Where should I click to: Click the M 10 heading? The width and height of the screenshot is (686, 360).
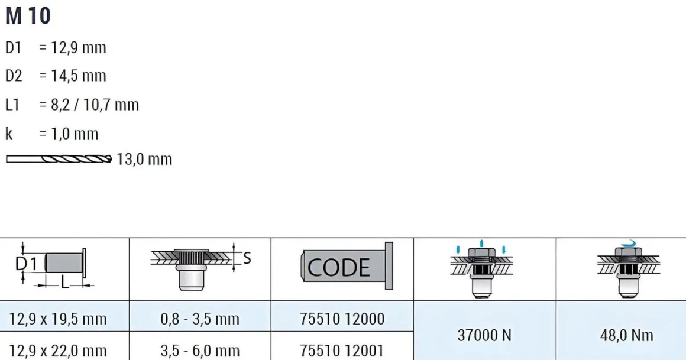[x=28, y=16]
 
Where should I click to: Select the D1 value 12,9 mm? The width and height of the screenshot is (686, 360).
[x=78, y=47]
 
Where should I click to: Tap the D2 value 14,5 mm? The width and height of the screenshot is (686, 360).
[x=78, y=76]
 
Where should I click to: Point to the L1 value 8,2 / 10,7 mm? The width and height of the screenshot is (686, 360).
[x=95, y=105]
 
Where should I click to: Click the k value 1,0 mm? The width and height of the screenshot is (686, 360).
[x=75, y=134]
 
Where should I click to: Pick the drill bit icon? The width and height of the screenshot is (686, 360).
[x=59, y=159]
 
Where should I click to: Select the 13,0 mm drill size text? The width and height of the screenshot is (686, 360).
[x=144, y=159]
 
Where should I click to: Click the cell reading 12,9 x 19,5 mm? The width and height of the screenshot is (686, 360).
[x=58, y=319]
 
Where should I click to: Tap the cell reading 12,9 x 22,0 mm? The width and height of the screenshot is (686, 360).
[x=58, y=351]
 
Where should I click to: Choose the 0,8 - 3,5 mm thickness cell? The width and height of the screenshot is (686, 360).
[x=200, y=319]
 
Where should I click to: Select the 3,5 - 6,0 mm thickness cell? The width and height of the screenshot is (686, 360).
[x=200, y=351]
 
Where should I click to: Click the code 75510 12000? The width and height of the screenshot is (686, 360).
[x=342, y=319]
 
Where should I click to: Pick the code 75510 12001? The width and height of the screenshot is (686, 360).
[x=342, y=351]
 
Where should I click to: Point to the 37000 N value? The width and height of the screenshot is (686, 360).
[x=484, y=336]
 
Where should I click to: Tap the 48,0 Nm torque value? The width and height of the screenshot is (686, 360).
[x=626, y=336]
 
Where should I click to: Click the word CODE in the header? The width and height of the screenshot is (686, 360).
[x=339, y=267]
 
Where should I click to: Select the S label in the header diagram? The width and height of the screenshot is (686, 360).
[x=247, y=258]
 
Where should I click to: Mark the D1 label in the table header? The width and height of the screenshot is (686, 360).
[x=26, y=264]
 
